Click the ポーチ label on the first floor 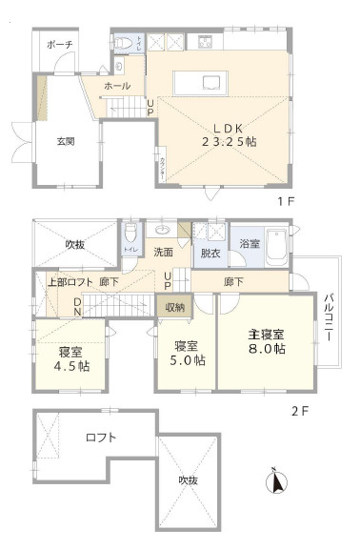59,45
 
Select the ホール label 117,86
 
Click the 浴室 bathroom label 249,243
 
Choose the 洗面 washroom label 163,253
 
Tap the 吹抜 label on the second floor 75,245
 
